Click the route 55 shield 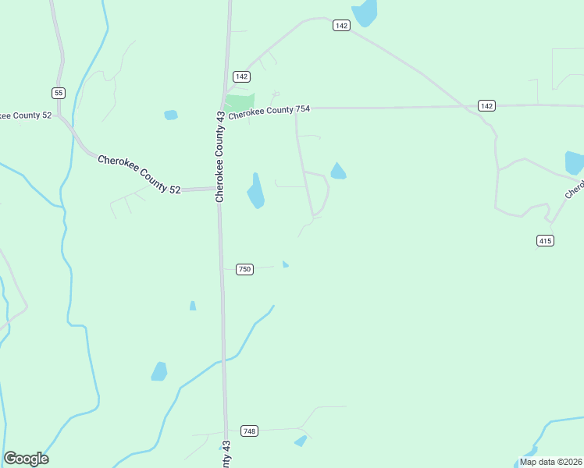pyautogui.click(x=59, y=93)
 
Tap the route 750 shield pyautogui.click(x=244, y=269)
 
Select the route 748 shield pyautogui.click(x=249, y=431)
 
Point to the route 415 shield pyautogui.click(x=545, y=241)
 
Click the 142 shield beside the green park pyautogui.click(x=241, y=76)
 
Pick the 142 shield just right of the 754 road pyautogui.click(x=486, y=105)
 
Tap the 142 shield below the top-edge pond pyautogui.click(x=340, y=26)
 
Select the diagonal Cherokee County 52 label pyautogui.click(x=139, y=174)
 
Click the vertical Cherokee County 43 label pyautogui.click(x=220, y=156)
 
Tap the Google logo pyautogui.click(x=26, y=459)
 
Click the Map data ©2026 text pyautogui.click(x=550, y=462)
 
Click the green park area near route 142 pyautogui.click(x=240, y=101)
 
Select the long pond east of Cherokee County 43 pyautogui.click(x=255, y=191)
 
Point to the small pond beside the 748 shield pyautogui.click(x=301, y=441)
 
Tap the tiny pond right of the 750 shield pyautogui.click(x=286, y=264)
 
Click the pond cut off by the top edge pyautogui.click(x=365, y=12)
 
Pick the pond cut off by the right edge pyautogui.click(x=575, y=162)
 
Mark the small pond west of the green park pyautogui.click(x=171, y=115)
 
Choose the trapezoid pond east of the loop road pyautogui.click(x=338, y=172)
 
